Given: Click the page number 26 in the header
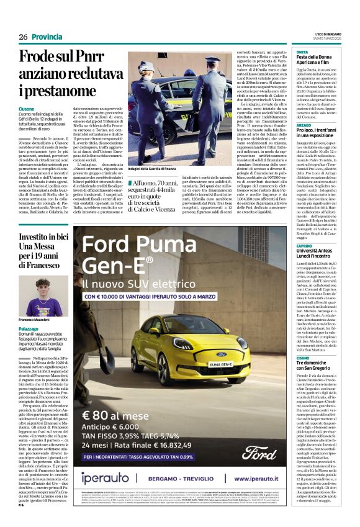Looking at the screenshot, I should pos(24,37).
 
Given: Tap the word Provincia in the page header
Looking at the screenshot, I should pos(46,37).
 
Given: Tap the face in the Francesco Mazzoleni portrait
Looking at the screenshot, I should pos(43,289).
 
